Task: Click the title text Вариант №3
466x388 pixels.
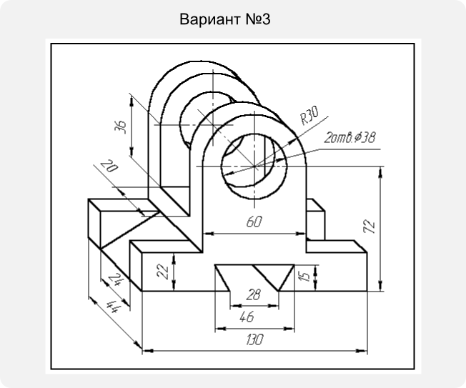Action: click(x=225, y=19)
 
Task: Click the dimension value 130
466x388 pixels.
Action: click(x=255, y=339)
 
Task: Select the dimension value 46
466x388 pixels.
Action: click(x=247, y=317)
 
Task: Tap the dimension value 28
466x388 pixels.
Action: click(x=254, y=294)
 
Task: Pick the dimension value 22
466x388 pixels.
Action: click(x=163, y=272)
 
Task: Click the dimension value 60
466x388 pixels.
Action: click(x=254, y=222)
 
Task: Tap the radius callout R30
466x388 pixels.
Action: click(x=309, y=115)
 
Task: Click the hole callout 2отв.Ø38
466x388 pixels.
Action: click(x=349, y=138)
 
